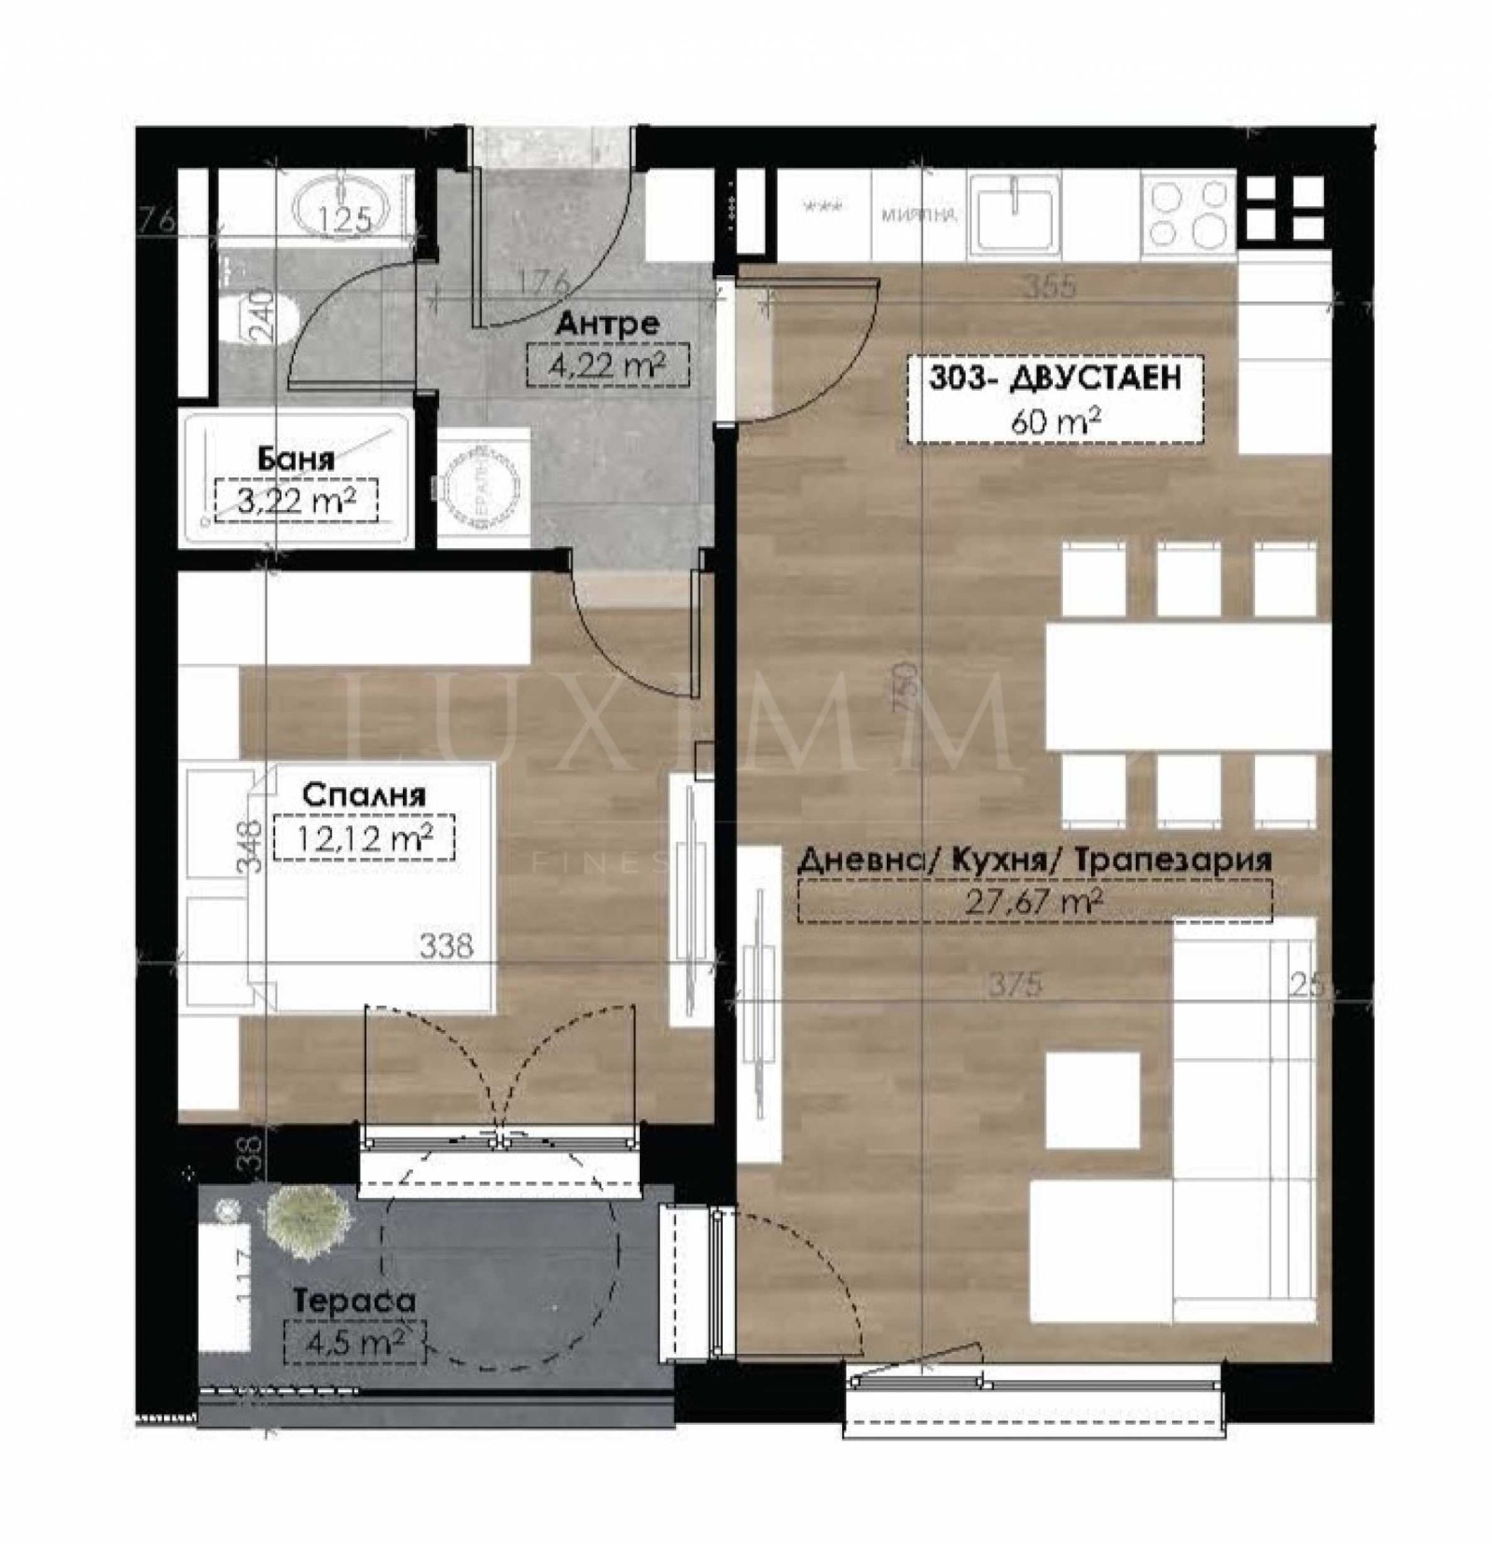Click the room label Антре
click(x=607, y=324)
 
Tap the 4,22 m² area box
click(x=607, y=365)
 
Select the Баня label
click(x=296, y=459)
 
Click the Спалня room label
click(x=365, y=794)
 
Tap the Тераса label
click(x=354, y=1301)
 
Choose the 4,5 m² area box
click(x=354, y=1343)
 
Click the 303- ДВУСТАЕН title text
click(x=1055, y=378)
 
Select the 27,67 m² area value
click(x=1035, y=902)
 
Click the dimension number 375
click(x=1015, y=984)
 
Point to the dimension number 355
click(x=1050, y=286)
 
